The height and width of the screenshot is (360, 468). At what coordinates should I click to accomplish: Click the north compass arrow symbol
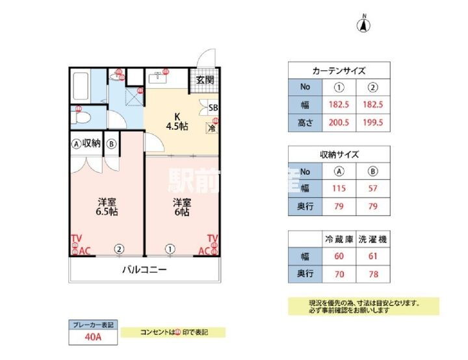coord(365,25)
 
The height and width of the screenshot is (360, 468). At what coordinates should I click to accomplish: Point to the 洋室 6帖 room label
coord(181,207)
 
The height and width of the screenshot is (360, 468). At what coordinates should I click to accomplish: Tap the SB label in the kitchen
coord(213,108)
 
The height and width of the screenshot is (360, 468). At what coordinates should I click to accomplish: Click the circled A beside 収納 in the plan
coord(76,143)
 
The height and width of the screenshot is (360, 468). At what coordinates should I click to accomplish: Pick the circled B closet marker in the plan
coord(112,143)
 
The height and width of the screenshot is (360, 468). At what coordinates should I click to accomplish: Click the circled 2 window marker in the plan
coord(119,249)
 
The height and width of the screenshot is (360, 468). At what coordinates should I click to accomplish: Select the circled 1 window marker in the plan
coord(170,249)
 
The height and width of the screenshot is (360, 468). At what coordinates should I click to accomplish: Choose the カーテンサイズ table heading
coord(339,71)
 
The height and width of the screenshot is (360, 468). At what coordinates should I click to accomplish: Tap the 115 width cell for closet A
coord(339,189)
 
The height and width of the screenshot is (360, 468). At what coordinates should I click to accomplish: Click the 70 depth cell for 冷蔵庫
coord(339,274)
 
